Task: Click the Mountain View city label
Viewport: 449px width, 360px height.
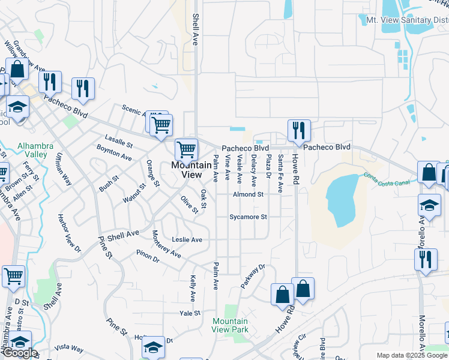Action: point(187,170)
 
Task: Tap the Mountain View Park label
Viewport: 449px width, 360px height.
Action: point(230,326)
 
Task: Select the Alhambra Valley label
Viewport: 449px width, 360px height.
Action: point(35,150)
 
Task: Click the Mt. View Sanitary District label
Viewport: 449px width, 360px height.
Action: point(407,20)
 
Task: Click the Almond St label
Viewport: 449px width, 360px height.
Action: point(249,194)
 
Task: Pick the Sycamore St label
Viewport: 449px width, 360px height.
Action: point(248,217)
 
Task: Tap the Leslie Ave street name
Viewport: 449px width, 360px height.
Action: point(187,239)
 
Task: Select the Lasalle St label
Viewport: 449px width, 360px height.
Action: point(118,140)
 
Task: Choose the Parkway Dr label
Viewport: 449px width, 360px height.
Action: point(253,277)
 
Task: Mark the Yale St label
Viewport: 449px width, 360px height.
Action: point(189,313)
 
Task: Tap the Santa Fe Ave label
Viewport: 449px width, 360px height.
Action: point(280,173)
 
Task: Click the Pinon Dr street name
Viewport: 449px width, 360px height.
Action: point(147,256)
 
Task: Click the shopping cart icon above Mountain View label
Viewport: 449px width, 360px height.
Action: point(186,149)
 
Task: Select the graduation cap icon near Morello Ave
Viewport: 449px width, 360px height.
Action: point(429,205)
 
